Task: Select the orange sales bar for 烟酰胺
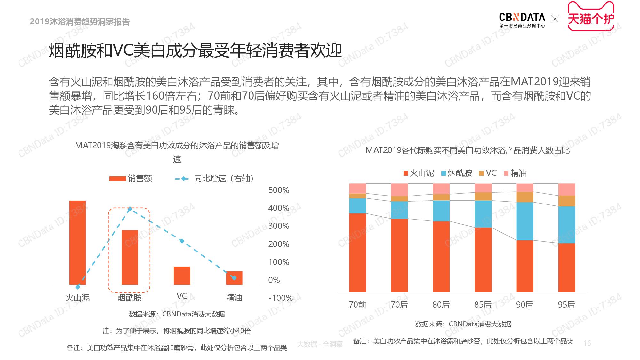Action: point(130,258)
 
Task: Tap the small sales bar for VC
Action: point(182,276)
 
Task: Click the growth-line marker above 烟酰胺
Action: point(130,209)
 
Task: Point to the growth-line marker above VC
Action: point(182,241)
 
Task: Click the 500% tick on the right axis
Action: point(279,190)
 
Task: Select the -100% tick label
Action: point(280,298)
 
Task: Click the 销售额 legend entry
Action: point(131,179)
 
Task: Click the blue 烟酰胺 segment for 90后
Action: point(525,221)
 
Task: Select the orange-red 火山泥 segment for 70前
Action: point(357,252)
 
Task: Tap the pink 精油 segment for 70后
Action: point(399,190)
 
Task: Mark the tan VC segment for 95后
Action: point(566,201)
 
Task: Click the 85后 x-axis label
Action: point(483,305)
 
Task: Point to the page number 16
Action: point(587,343)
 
